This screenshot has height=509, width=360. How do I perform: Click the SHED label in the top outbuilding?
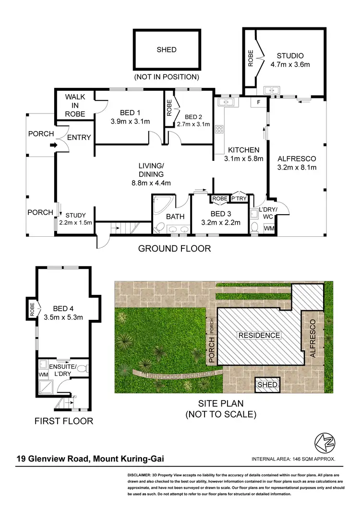point(167,49)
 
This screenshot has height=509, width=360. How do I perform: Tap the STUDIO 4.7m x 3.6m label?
point(290,60)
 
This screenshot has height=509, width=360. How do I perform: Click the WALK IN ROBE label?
point(75,105)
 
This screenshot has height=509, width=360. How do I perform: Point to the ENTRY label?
point(79,137)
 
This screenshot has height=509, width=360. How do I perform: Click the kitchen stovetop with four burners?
point(220,129)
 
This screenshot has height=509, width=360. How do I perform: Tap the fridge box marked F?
point(258,102)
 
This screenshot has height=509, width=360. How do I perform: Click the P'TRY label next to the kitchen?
point(239,198)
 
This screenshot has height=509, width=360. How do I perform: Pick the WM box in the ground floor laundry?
point(269,229)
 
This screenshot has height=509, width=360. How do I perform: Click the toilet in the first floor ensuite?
point(82,369)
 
